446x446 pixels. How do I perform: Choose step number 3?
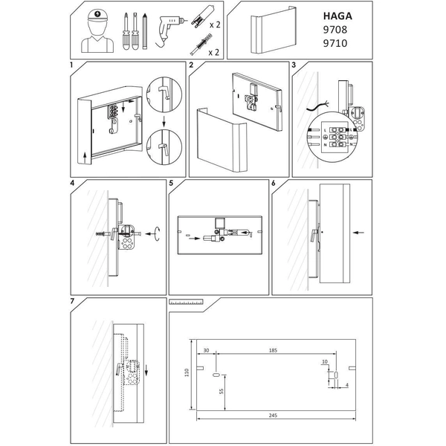tap(294, 65)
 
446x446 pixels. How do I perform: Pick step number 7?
tap(71, 301)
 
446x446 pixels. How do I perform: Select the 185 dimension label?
tap(274, 349)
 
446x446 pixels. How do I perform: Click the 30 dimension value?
tap(206, 349)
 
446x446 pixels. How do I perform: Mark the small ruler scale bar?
tap(187, 303)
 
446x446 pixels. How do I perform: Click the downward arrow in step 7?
tap(147, 369)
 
